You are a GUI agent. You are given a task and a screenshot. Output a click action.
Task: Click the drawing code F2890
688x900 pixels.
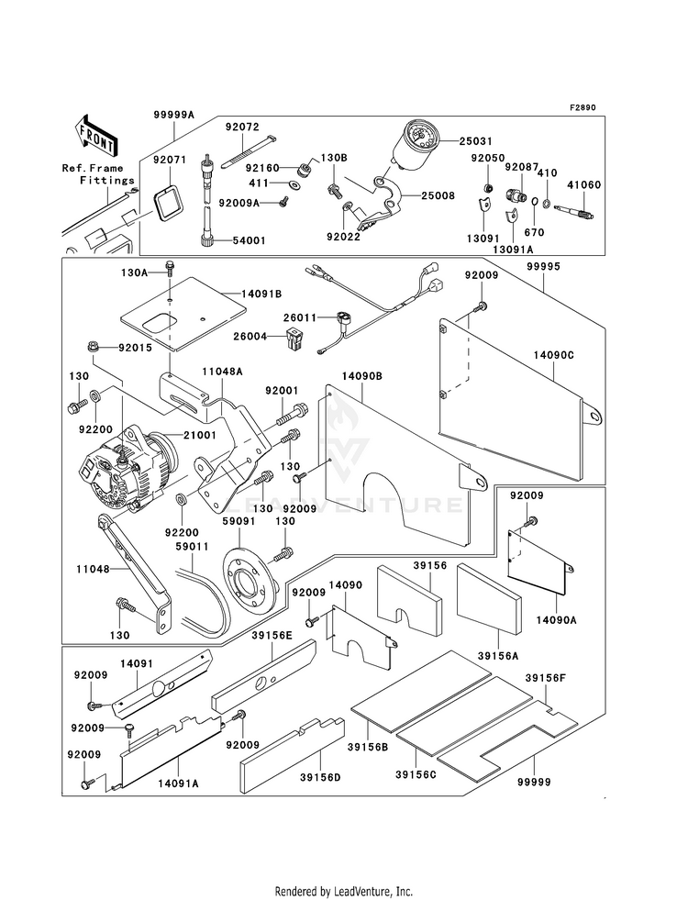coord(583,107)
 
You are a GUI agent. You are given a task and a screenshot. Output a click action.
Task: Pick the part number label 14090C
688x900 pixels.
coord(553,355)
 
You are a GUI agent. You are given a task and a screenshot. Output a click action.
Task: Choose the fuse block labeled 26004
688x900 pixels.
coord(294,339)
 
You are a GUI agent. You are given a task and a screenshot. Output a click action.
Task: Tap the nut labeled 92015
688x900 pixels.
coord(92,347)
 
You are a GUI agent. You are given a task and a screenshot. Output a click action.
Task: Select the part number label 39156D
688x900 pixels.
coord(319,777)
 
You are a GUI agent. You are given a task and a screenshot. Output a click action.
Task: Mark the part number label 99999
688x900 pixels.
coord(533,783)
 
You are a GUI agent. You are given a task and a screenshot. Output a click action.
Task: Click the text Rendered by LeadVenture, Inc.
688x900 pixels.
coord(344,891)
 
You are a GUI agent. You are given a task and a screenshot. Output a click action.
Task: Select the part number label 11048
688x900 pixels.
coord(93,570)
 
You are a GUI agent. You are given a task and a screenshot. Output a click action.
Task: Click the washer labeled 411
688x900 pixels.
coord(294,184)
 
